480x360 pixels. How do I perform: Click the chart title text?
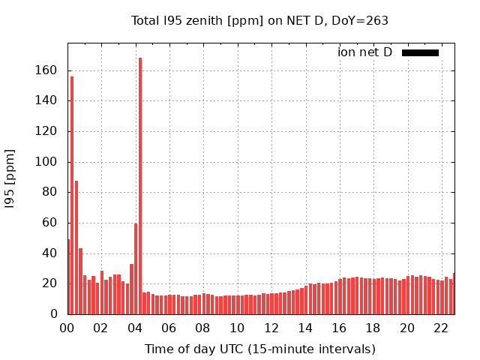[259, 21]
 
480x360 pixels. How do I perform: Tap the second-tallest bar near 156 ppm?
[72, 195]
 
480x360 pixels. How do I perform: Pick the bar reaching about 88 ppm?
[76, 247]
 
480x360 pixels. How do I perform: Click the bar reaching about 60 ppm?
[136, 268]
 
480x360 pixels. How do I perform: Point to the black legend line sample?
[420, 52]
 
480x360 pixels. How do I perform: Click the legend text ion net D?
[364, 52]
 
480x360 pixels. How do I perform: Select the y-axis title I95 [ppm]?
[10, 177]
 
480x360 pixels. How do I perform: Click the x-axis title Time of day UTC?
[259, 349]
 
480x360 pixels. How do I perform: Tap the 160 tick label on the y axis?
[46, 70]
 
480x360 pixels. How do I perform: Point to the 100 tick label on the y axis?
[46, 162]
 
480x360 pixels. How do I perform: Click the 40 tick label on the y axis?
[49, 253]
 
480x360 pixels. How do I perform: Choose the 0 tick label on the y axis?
[52, 314]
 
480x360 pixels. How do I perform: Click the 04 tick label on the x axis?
[135, 328]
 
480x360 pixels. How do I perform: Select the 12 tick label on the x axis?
[271, 328]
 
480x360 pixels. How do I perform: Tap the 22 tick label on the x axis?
[442, 328]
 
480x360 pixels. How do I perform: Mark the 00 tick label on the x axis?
[67, 328]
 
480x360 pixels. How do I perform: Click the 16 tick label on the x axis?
[340, 328]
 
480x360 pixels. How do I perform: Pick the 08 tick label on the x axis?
[203, 328]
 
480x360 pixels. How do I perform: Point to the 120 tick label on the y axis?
[46, 131]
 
